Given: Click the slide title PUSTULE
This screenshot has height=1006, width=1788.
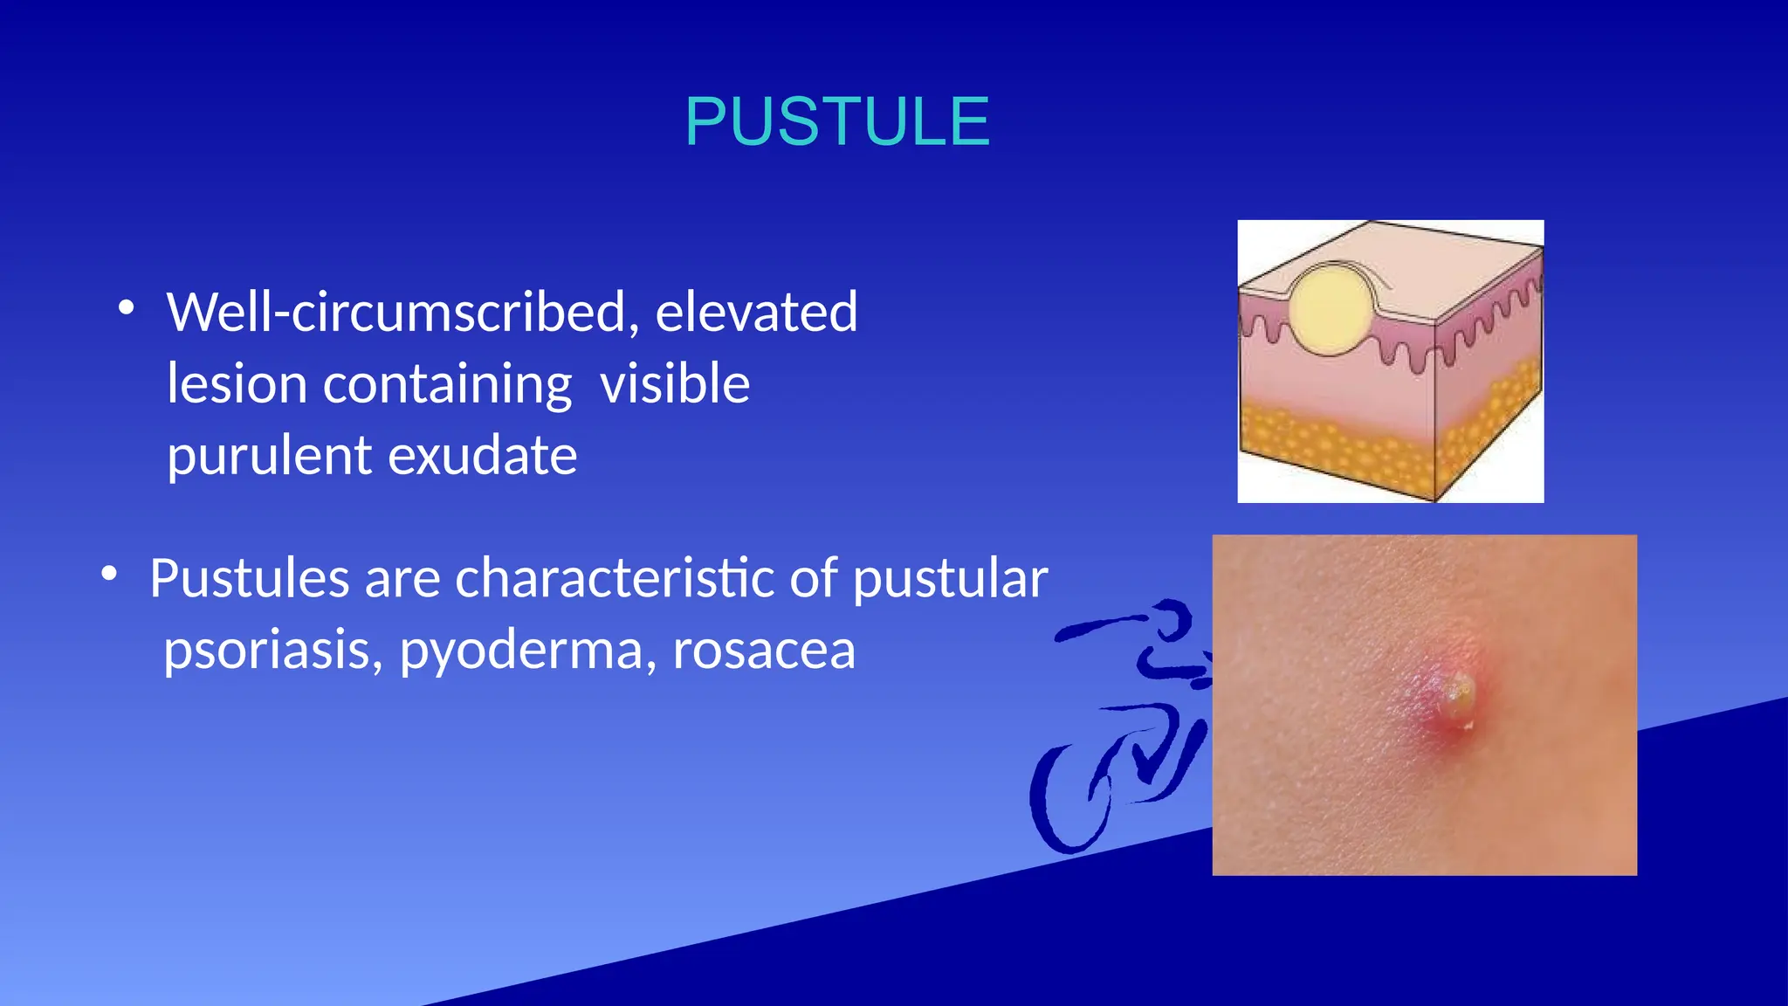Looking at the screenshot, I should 837,121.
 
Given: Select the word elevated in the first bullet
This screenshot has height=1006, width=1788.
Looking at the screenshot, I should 756,312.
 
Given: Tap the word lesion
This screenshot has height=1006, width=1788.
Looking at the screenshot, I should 237,383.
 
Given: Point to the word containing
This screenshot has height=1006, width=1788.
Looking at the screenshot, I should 447,385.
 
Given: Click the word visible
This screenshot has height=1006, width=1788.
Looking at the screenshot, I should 675,383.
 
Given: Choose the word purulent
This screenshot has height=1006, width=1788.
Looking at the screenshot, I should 269,456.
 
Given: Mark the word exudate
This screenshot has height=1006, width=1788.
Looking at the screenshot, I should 482,456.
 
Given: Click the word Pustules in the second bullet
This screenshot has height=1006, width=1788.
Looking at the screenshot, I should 249,578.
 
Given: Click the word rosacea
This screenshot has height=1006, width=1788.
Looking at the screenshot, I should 764,651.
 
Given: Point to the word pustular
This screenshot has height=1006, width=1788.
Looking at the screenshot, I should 950,580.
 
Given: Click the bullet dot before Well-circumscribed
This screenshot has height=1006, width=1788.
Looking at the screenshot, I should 127,307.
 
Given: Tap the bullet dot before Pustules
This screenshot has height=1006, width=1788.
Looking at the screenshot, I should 109,574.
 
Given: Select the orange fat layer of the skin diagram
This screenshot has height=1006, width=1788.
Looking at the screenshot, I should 1336,445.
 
